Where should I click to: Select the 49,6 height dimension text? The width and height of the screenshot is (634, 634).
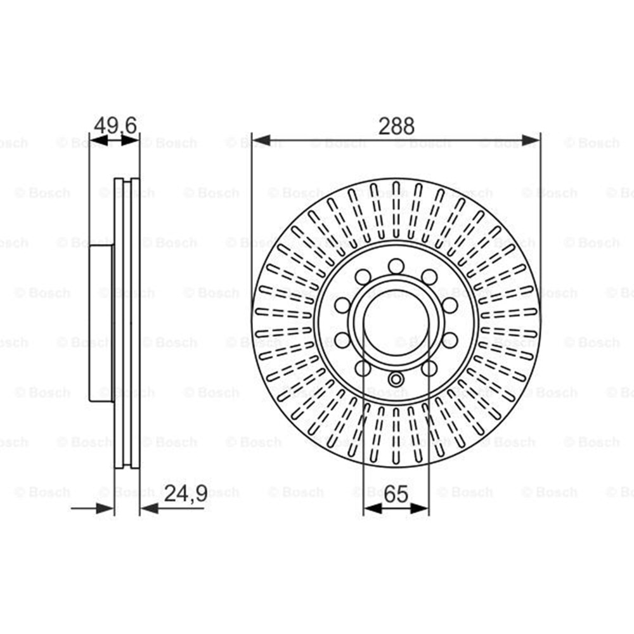tap(115, 126)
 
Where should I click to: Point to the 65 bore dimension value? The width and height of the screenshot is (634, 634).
tap(396, 493)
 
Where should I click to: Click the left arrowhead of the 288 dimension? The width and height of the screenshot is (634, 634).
tap(261, 141)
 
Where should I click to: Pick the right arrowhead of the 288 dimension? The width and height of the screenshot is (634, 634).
tap(531, 141)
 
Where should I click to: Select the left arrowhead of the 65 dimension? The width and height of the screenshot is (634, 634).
tap(373, 508)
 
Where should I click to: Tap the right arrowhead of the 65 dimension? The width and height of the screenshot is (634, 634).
tap(420, 508)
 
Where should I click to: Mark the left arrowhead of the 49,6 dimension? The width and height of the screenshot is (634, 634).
tap(98, 141)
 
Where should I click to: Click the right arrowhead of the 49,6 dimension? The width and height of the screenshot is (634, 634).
tap(130, 141)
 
